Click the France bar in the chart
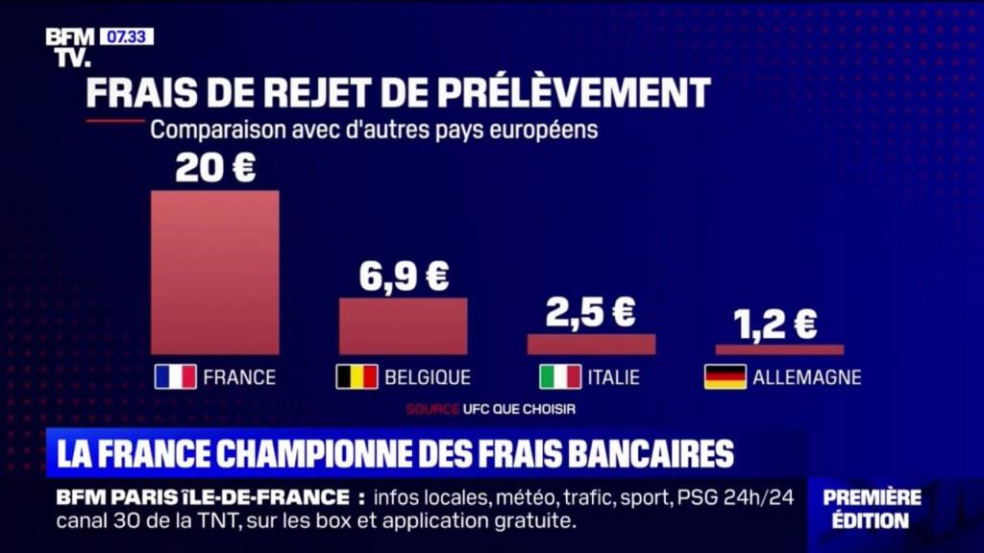[214, 272]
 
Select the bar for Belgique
[403, 325]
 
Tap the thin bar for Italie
[591, 344]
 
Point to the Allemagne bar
[779, 349]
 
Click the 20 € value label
[215, 169]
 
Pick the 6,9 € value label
[404, 276]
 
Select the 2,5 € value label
[591, 312]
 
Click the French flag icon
[175, 376]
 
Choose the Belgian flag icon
[356, 376]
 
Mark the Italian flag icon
[559, 376]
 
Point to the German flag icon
[725, 376]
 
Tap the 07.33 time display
[127, 36]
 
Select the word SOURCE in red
[432, 409]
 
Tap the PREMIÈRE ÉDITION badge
[872, 509]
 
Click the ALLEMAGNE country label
[806, 377]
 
